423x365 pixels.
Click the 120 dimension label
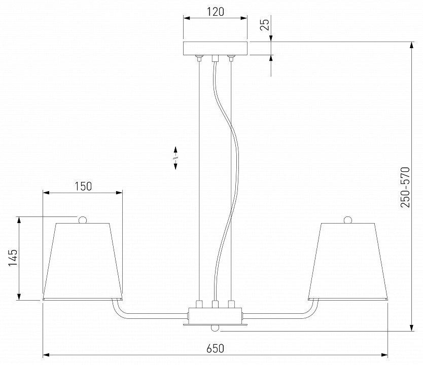pos(215,12)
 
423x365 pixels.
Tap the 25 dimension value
pos(266,24)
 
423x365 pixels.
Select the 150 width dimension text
pos(83,187)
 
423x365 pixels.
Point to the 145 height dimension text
pos(13,258)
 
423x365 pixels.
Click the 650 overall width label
pos(215,349)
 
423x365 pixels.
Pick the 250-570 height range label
pos(405,187)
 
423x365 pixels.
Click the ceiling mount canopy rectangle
pos(215,48)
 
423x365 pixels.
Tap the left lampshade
pos(83,261)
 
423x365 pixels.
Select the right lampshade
pos(348,261)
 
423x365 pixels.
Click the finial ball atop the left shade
pos(83,220)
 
